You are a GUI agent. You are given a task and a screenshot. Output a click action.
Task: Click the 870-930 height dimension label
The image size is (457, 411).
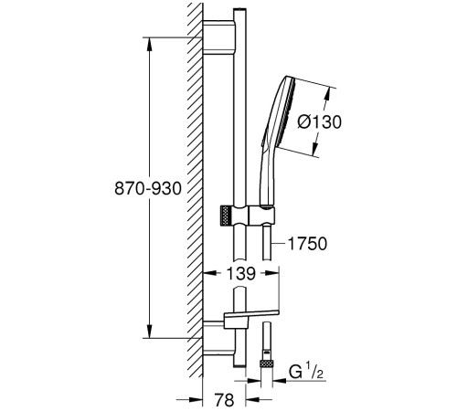pos(148,188)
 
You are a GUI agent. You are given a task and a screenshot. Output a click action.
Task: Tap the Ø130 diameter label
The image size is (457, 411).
pos(319,122)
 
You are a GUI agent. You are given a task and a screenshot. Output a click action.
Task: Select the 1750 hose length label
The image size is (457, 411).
pos(307,244)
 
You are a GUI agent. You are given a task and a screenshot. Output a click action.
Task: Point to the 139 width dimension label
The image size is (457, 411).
pos(240,273)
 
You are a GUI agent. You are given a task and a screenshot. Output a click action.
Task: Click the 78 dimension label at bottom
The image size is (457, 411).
pos(224,399)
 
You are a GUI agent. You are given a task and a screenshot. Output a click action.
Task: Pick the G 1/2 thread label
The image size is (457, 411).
pos(305,372)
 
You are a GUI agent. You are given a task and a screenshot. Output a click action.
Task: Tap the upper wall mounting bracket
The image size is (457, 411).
pos(218,37)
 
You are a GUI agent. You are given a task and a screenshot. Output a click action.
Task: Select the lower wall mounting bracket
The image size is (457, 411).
pos(218,338)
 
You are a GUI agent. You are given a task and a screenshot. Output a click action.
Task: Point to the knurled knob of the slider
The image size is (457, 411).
pos(225,216)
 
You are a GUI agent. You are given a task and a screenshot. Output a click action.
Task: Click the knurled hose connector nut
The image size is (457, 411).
pos(266,364)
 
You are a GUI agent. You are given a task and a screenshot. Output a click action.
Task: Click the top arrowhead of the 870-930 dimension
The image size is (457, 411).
pos(149,44)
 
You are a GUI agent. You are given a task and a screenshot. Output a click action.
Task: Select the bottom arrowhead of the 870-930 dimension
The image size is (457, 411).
pos(149,332)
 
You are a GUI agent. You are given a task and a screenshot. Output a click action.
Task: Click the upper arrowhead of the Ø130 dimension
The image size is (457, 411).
pos(327,94)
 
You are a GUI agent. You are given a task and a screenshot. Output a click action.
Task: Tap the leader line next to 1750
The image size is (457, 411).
pos(280,244)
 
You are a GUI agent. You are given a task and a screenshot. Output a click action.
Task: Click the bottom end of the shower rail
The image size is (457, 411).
pos(239,365)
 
